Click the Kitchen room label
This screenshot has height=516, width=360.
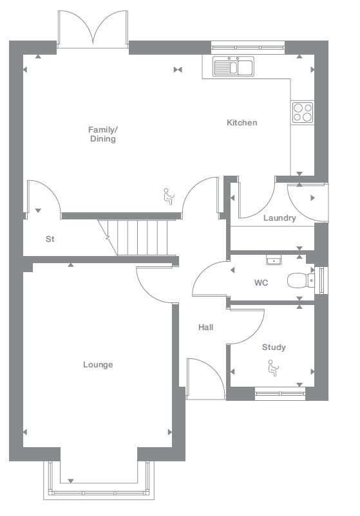tap(242, 123)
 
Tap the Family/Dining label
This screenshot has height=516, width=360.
tap(103, 134)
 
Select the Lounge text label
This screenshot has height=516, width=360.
tap(98, 365)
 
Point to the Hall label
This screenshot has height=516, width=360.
tap(205, 327)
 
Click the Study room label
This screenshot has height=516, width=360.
tap(274, 347)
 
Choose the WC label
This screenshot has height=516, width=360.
tap(261, 282)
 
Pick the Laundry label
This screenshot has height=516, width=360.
tap(279, 218)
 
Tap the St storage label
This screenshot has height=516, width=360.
tap(50, 239)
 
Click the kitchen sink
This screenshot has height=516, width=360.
tap(233, 66)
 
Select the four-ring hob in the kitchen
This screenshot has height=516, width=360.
tap(302, 113)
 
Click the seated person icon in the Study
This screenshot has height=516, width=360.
tap(273, 367)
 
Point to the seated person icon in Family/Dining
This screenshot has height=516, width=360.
tap(169, 196)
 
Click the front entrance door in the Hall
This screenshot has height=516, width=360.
tap(204, 380)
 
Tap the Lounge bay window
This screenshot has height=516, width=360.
tap(100, 483)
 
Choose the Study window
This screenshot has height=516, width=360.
tap(279, 393)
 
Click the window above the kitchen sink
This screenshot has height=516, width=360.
tap(248, 46)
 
